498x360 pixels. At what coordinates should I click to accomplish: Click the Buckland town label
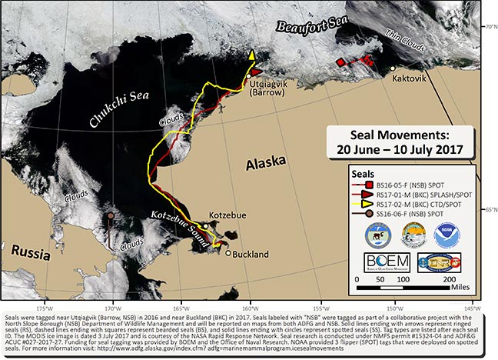pyautogui.click(x=248, y=253)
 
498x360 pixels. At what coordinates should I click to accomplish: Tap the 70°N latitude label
pyautogui.click(x=488, y=26)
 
